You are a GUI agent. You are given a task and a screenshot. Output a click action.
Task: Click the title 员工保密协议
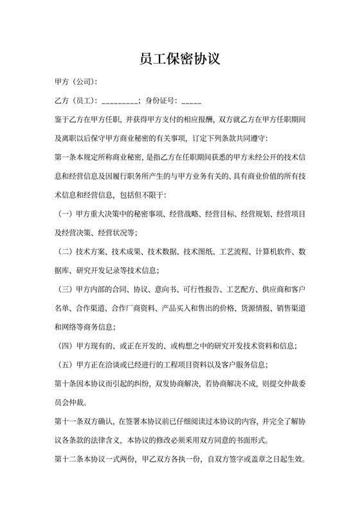coord(180,60)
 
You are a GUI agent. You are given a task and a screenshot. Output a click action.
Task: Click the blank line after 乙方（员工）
coord(119,102)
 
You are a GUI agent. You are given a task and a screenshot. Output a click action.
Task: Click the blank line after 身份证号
coord(192,102)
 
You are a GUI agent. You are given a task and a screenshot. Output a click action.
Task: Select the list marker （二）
coord(66,251)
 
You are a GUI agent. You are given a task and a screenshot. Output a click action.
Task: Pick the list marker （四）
coord(66,345)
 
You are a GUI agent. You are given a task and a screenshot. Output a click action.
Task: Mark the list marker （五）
coord(66,364)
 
